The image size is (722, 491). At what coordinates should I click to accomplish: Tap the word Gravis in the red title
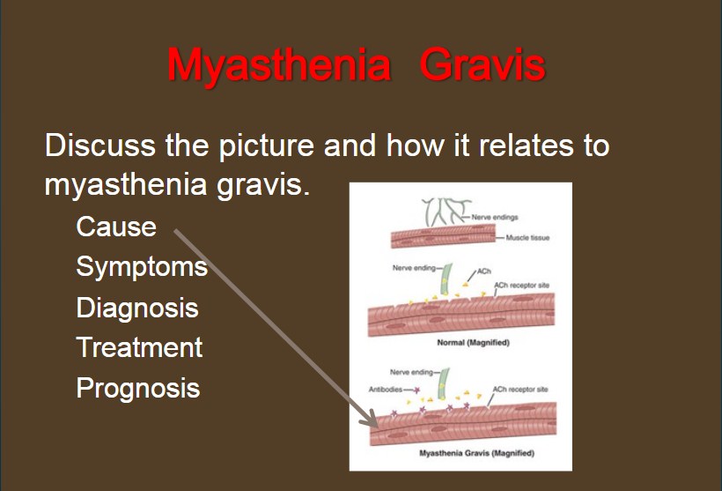(x=483, y=65)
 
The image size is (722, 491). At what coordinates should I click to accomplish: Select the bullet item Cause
(x=116, y=227)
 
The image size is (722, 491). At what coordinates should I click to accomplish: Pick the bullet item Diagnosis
(x=137, y=309)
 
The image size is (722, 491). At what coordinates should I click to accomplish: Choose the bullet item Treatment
(x=139, y=347)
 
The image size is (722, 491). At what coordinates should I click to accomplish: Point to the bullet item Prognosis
(x=138, y=389)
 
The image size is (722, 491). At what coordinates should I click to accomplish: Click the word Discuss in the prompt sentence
(x=99, y=145)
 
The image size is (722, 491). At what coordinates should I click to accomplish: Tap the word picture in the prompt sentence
(x=266, y=145)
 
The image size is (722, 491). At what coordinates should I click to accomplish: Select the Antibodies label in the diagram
(x=386, y=390)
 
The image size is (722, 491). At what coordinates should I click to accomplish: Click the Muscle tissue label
(x=527, y=238)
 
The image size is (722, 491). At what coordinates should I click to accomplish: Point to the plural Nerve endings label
(x=495, y=217)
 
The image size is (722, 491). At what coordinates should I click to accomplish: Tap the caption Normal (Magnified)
(x=474, y=343)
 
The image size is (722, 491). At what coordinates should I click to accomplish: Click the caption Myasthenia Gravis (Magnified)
(x=476, y=453)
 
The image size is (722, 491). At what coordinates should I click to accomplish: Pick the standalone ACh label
(x=484, y=272)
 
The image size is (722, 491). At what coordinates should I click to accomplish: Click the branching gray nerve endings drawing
(x=446, y=212)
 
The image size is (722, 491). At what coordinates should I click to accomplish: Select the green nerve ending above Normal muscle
(x=446, y=279)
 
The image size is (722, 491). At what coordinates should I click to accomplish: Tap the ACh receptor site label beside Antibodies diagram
(x=520, y=390)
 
